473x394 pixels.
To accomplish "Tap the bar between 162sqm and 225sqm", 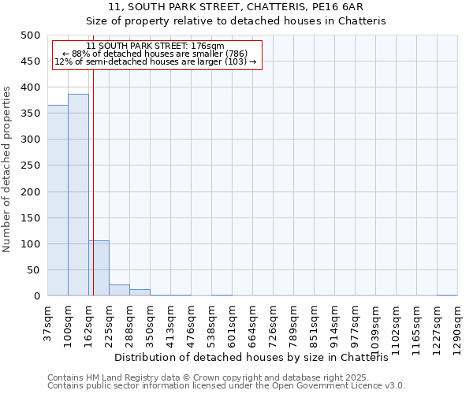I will pyautogui.click(x=99, y=268).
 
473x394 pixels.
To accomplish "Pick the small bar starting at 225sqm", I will pyautogui.click(x=119, y=290).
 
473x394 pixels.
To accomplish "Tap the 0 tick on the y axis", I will pyautogui.click(x=37, y=296).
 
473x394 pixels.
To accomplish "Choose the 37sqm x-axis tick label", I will pyautogui.click(x=48, y=322).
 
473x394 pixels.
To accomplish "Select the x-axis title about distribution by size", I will pyautogui.click(x=257, y=358).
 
